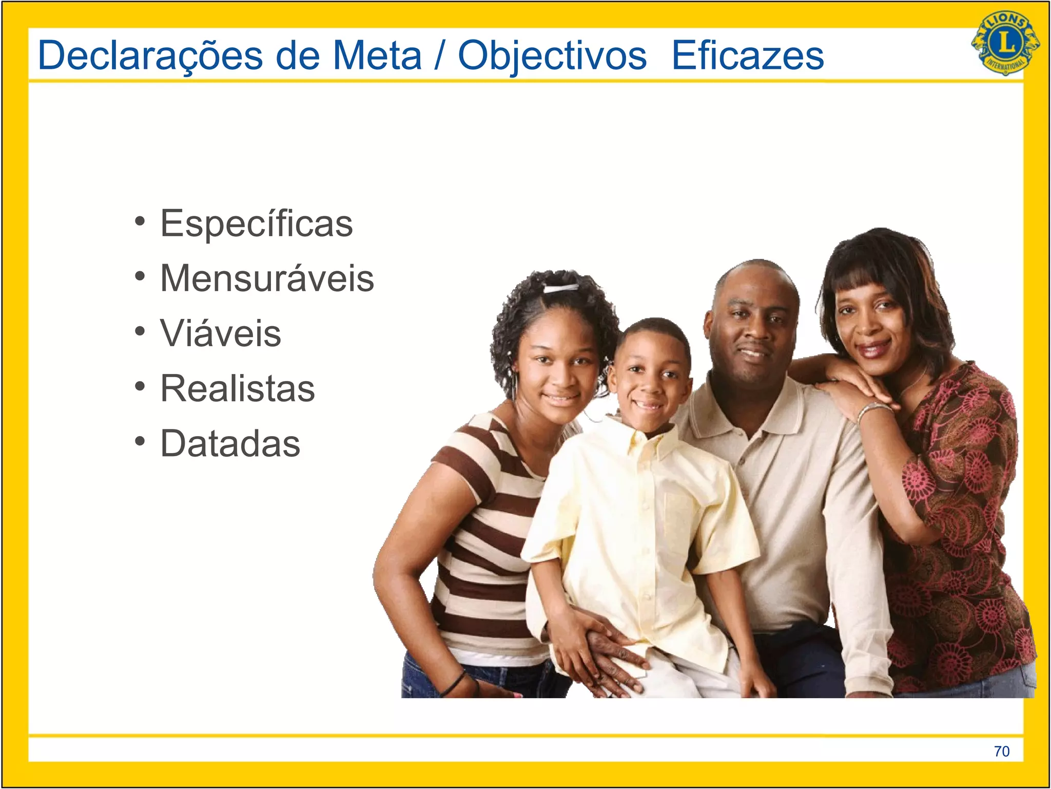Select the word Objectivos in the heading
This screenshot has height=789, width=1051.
(x=552, y=55)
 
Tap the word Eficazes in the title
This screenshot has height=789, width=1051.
(x=747, y=55)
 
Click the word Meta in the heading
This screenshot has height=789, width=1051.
(x=377, y=55)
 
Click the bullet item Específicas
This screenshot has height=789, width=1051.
(x=256, y=223)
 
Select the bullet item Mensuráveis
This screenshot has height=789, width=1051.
(x=267, y=278)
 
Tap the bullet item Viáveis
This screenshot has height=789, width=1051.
(x=221, y=333)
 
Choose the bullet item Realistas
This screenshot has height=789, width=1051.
(x=237, y=388)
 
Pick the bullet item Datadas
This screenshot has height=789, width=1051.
(x=230, y=443)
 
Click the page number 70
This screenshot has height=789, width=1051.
(x=1001, y=751)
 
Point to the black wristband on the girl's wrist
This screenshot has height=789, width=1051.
(x=454, y=683)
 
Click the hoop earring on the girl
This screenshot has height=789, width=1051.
(x=513, y=383)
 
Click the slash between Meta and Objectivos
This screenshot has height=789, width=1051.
(x=439, y=55)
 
